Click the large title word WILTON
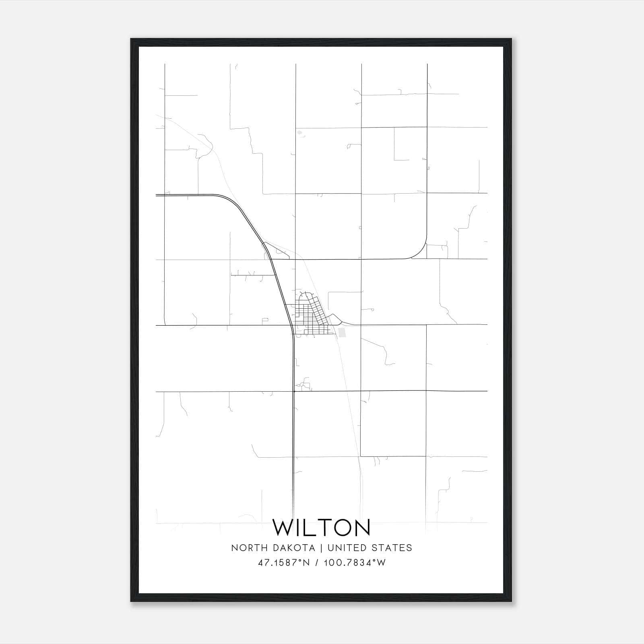tap(322, 527)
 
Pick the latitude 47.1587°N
tap(284, 563)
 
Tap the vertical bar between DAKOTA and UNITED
tap(321, 548)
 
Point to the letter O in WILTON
tap(339, 527)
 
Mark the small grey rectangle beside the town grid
tap(343, 332)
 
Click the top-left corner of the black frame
tap(131, 39)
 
